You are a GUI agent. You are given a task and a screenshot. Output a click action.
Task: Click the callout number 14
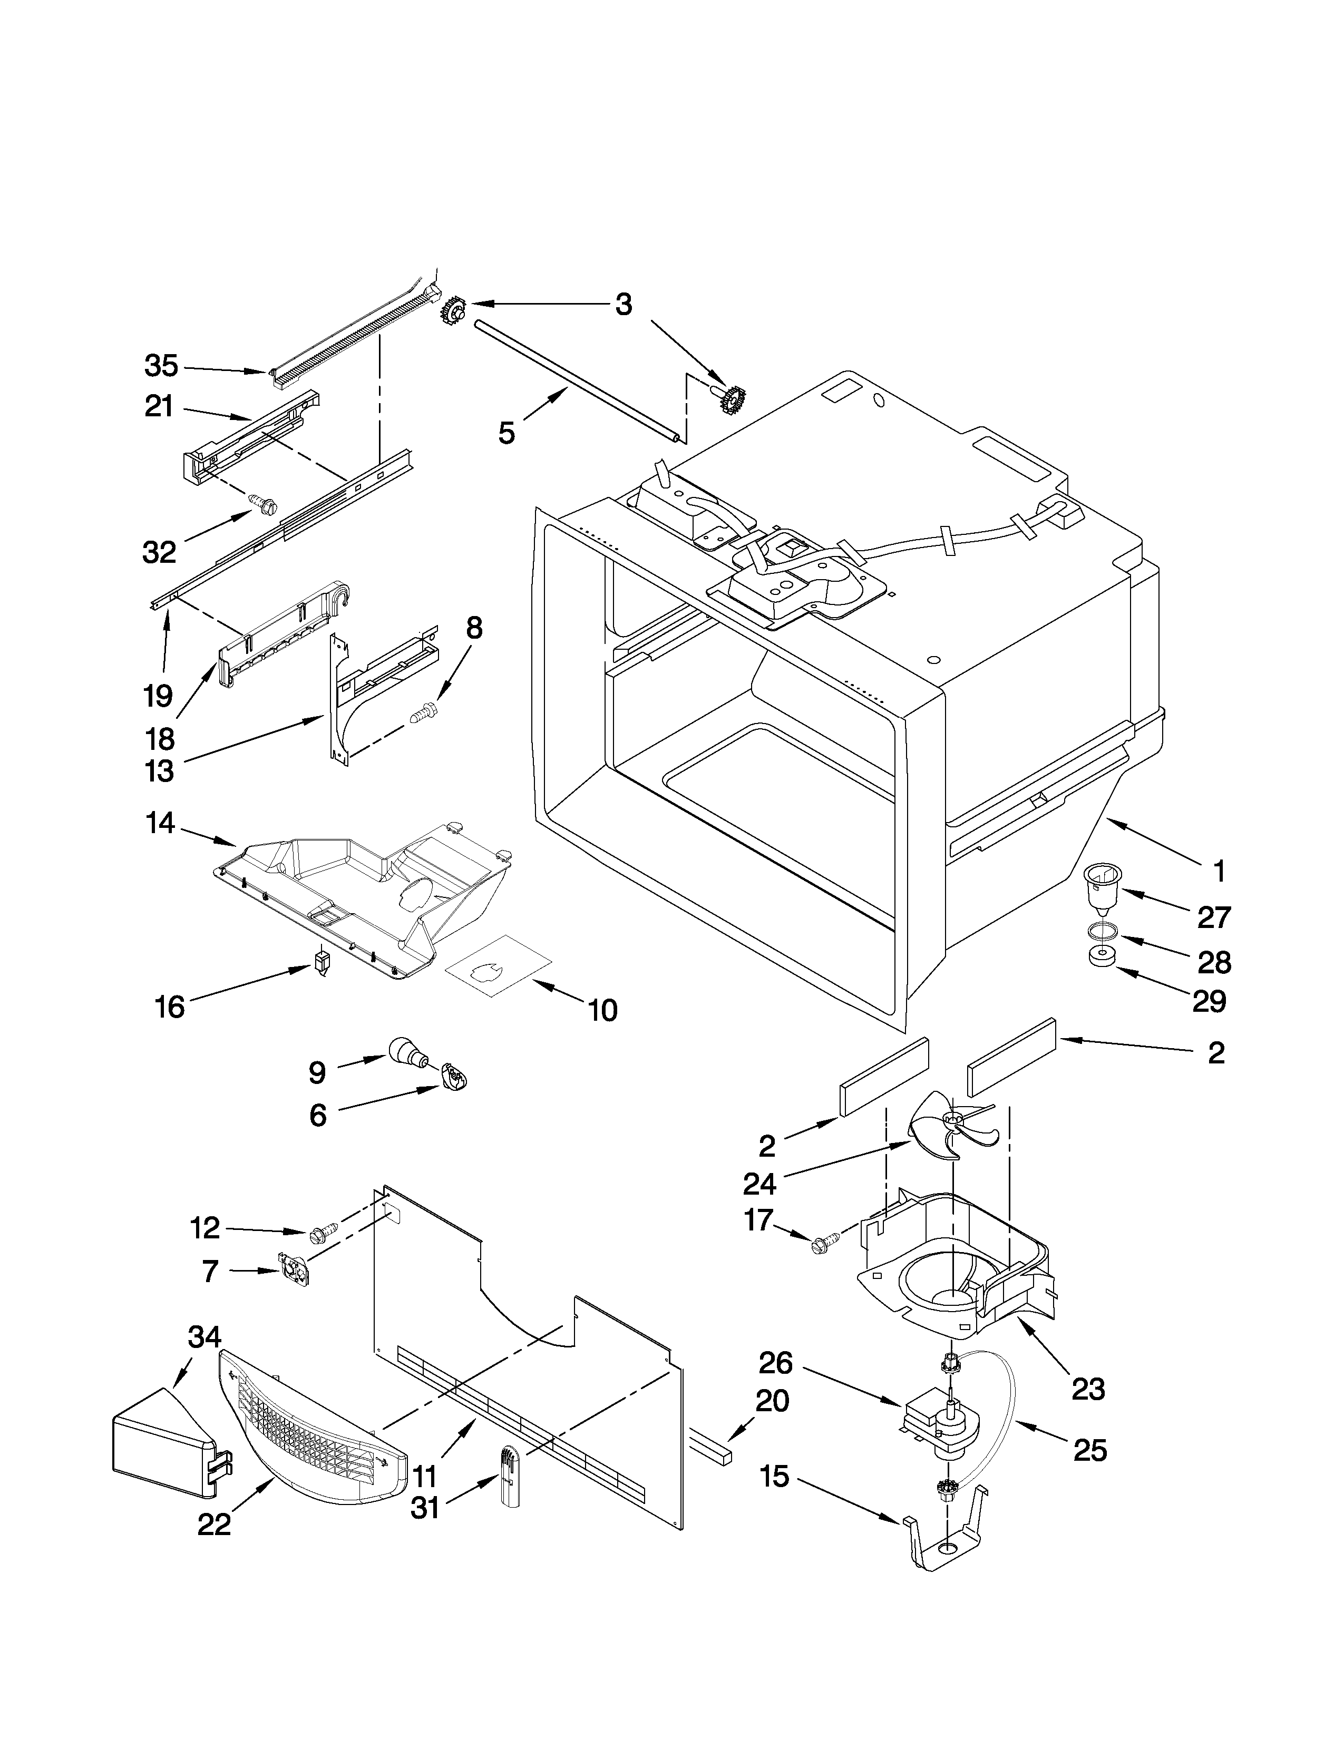click(x=161, y=823)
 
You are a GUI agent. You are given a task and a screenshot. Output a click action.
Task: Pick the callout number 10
click(x=603, y=1010)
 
